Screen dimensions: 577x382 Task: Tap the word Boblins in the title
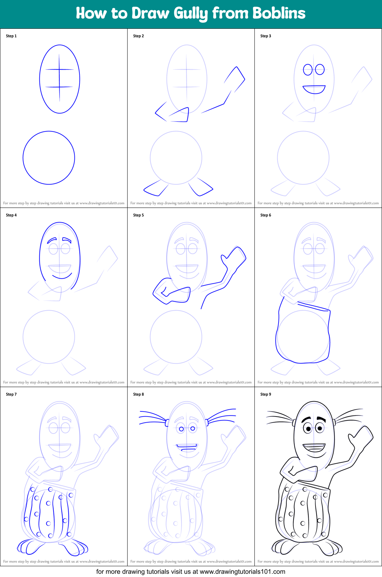coord(279,13)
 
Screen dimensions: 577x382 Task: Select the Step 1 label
coord(11,36)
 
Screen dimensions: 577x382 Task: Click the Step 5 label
coord(138,215)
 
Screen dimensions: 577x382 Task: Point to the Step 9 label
coord(266,394)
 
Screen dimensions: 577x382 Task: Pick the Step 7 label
coord(11,394)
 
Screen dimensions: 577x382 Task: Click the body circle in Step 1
coord(49,158)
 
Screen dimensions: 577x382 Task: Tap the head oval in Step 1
coord(60,79)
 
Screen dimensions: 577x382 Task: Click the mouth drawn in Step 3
coord(314,89)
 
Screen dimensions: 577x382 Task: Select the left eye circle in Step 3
coord(308,70)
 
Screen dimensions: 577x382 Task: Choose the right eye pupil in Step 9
coord(319,428)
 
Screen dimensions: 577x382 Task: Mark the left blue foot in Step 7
coord(29,546)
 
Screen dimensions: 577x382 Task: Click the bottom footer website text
coord(191,572)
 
